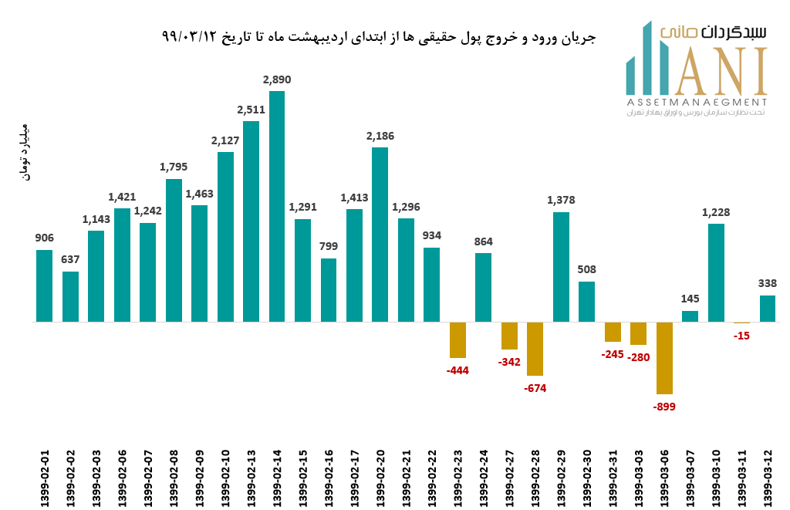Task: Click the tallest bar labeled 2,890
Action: pyautogui.click(x=277, y=206)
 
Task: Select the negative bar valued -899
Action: pyautogui.click(x=664, y=358)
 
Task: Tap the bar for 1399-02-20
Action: pyautogui.click(x=380, y=235)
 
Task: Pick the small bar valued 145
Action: pyautogui.click(x=690, y=316)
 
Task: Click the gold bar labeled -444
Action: pyautogui.click(x=457, y=339)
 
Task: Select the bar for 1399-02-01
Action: pyautogui.click(x=45, y=285)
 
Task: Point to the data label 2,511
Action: pyautogui.click(x=252, y=110)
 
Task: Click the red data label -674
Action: pyautogui.click(x=535, y=388)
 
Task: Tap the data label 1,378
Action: pyautogui.click(x=561, y=200)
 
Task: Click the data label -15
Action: pyautogui.click(x=741, y=336)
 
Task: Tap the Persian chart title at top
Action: pyautogui.click(x=379, y=37)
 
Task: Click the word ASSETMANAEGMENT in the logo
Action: pyautogui.click(x=697, y=102)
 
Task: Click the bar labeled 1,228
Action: pyautogui.click(x=716, y=272)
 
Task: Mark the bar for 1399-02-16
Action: pyautogui.click(x=329, y=290)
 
